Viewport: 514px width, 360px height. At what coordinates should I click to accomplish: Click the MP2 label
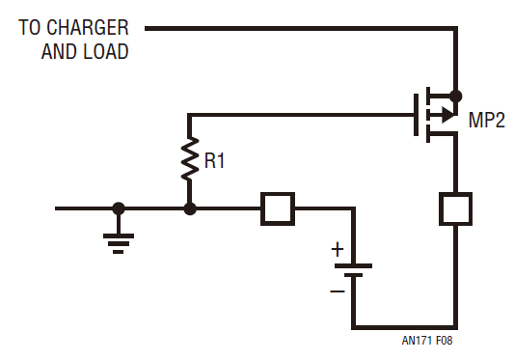486,123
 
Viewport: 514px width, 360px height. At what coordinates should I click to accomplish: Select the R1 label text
213,161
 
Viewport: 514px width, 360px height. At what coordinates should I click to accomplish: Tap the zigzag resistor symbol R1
189,162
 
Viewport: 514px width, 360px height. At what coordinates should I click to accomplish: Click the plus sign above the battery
338,249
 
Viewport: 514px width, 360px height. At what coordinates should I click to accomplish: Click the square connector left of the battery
278,208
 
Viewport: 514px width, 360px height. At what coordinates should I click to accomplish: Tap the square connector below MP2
454,208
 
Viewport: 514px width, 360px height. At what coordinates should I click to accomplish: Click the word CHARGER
87,27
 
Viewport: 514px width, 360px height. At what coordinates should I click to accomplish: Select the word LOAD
106,52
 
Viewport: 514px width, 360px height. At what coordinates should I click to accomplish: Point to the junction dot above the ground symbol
119,208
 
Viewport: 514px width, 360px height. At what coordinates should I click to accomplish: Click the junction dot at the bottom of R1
189,208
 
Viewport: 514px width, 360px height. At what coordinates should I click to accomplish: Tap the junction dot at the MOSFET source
455,96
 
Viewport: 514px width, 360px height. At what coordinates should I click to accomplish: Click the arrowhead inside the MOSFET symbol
445,115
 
